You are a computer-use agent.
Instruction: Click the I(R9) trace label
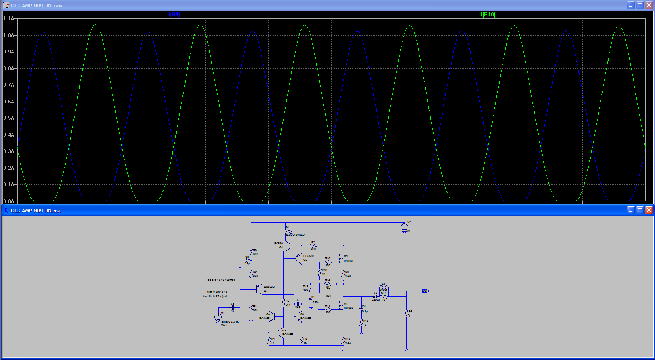(174, 15)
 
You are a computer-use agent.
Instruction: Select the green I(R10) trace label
(488, 15)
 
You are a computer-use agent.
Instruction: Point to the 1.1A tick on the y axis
(9, 19)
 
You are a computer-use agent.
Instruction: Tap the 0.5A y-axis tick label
(9, 118)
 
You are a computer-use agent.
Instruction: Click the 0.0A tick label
(9, 201)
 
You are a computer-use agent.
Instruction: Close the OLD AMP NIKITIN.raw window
(649, 5)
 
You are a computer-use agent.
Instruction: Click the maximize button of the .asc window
(640, 210)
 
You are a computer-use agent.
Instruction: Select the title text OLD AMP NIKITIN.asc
(36, 210)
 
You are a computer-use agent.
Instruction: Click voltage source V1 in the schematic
(218, 317)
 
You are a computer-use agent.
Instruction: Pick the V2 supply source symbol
(405, 226)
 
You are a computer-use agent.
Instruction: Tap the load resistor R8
(407, 314)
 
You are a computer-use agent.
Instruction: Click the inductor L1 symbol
(384, 289)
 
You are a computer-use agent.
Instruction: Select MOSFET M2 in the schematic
(341, 259)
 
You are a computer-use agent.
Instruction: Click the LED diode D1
(286, 232)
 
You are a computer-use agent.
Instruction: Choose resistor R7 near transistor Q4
(313, 246)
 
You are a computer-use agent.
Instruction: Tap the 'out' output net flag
(425, 291)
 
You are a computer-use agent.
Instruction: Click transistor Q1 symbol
(259, 289)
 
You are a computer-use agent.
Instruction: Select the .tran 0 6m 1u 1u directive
(217, 292)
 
